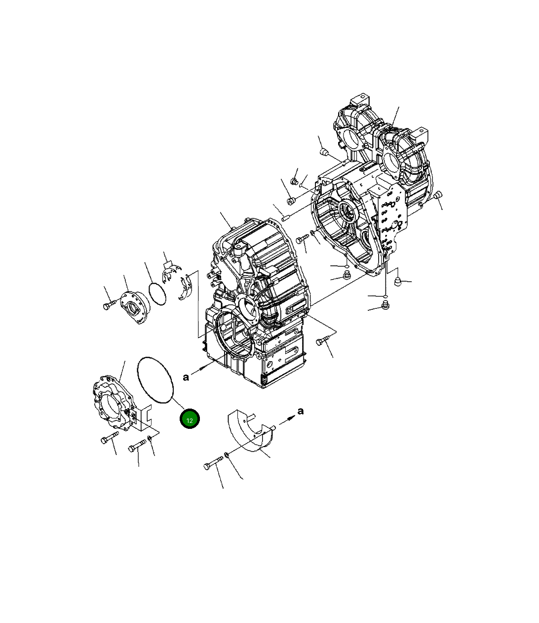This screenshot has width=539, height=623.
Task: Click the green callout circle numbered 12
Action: [190, 419]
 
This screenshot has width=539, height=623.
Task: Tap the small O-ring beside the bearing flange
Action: [157, 294]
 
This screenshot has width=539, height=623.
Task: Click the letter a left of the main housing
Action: [186, 377]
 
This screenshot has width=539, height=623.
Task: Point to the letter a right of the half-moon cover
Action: [300, 411]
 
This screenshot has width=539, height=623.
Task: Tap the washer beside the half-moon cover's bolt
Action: [226, 454]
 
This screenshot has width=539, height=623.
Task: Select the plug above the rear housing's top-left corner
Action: [324, 151]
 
